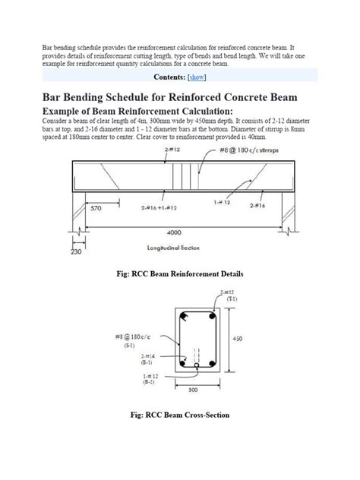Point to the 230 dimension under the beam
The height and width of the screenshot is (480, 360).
74,252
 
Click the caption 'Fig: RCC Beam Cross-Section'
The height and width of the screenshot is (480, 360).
179,415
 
